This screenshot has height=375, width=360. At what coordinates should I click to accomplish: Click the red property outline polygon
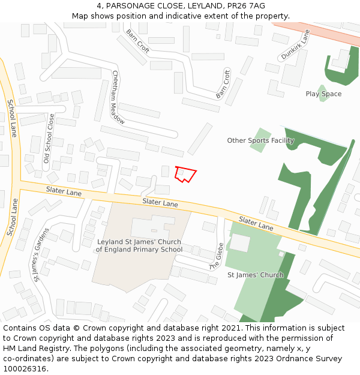tap(185, 174)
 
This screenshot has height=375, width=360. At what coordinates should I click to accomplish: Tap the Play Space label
tap(323, 94)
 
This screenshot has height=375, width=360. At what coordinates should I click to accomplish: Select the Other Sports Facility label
tap(260, 141)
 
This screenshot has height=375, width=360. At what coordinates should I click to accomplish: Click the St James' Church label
tap(255, 275)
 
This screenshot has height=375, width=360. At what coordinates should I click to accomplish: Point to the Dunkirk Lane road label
tap(295, 46)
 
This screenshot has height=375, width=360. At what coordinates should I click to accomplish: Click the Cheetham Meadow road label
tap(118, 97)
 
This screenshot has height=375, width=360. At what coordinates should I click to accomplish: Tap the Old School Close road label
tap(49, 139)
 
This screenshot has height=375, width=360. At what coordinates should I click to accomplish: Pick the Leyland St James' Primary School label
tap(139, 245)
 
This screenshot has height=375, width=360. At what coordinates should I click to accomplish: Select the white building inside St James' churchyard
tap(240, 243)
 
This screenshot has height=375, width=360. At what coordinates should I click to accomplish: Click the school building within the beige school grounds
tap(153, 227)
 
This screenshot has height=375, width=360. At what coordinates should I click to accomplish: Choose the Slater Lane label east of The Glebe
tap(256, 224)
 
